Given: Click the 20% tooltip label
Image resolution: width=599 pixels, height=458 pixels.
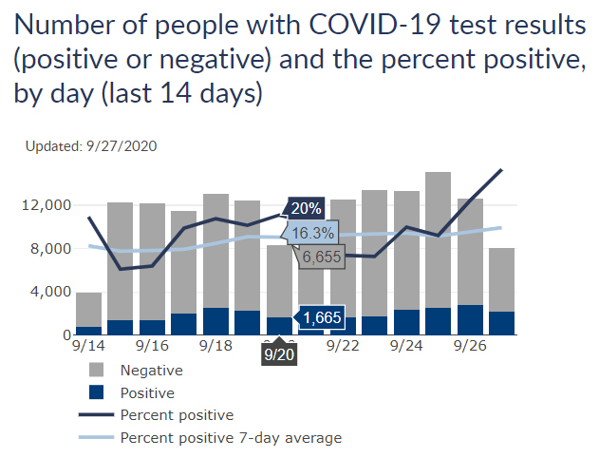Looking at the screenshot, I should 307,208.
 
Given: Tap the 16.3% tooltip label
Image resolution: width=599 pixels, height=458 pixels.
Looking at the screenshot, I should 312,233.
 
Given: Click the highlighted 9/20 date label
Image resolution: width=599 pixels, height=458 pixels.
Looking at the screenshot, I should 279,353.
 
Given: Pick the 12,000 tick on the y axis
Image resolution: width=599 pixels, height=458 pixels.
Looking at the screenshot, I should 47,205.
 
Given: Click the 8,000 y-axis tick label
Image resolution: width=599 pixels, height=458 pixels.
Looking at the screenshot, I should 50,249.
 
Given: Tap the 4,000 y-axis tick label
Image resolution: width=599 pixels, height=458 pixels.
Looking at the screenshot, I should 50,292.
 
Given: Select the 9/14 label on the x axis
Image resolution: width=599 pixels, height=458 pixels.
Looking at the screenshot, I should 89,348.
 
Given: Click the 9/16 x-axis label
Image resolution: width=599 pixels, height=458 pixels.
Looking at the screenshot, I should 153,348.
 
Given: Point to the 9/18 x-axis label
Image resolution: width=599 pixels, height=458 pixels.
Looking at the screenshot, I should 216,348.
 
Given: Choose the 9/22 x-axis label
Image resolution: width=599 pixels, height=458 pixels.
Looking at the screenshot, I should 343,348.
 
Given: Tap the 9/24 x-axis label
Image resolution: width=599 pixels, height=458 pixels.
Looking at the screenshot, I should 406,348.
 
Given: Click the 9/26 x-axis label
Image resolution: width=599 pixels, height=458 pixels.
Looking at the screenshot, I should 470,348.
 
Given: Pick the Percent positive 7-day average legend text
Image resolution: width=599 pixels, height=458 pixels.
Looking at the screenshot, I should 231,438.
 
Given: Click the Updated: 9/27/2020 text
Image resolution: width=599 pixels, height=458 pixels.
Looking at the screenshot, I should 91,146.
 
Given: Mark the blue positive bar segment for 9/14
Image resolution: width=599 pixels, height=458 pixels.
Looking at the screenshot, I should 89,331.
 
